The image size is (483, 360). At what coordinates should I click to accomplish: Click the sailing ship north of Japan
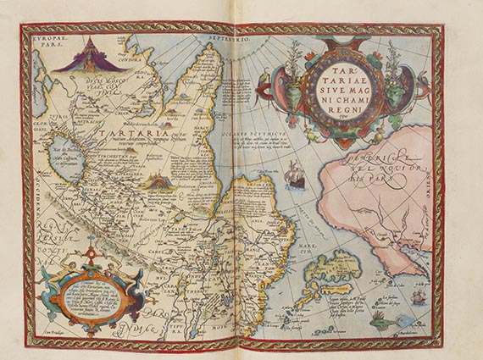click(x=294, y=180)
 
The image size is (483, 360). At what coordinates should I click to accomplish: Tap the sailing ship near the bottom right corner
click(x=422, y=298)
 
